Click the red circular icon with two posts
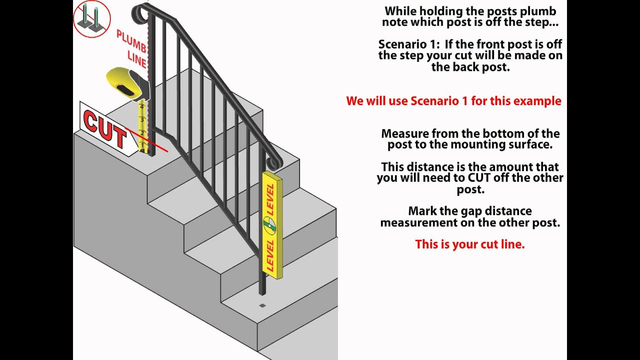91,18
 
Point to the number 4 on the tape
142,106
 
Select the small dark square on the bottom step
262,305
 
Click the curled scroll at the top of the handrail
139,13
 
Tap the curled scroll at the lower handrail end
274,163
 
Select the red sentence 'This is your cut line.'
469,244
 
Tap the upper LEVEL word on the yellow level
270,199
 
